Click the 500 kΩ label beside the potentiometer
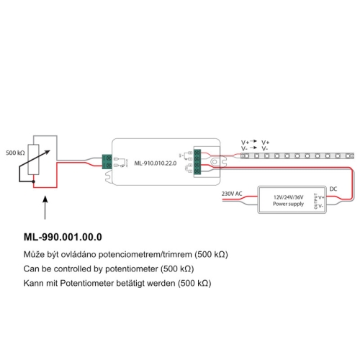coord(16,153)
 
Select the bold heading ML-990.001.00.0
coord(63,237)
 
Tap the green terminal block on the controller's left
coord(107,162)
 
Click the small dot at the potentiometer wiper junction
coord(34,183)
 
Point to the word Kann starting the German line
coord(33,283)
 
